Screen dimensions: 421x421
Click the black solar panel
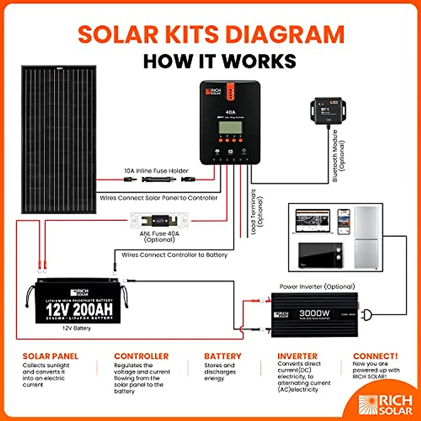[x=59, y=139]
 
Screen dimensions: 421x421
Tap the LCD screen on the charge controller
[x=230, y=127]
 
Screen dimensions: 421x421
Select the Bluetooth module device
[x=328, y=111]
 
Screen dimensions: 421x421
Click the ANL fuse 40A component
[x=160, y=221]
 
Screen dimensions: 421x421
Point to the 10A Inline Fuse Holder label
[x=156, y=171]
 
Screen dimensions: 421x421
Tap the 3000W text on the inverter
[x=314, y=313]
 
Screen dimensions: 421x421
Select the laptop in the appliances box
[x=313, y=222]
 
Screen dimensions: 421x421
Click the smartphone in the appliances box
[x=344, y=222]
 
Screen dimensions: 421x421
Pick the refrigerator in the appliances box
[x=367, y=238]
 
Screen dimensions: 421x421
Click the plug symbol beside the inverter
[x=367, y=315]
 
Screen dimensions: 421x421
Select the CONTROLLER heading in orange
[x=141, y=356]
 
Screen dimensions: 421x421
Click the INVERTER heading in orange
[x=297, y=356]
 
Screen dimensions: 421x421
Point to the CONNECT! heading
[x=375, y=356]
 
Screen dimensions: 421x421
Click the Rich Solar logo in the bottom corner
[x=385, y=405]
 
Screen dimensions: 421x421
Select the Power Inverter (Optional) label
[x=317, y=287]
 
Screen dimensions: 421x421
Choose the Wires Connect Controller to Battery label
[x=174, y=255]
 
